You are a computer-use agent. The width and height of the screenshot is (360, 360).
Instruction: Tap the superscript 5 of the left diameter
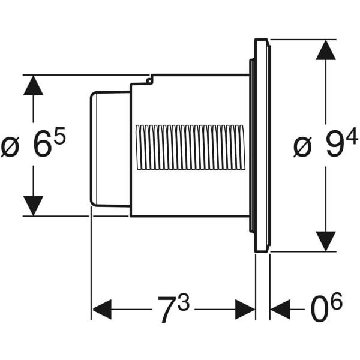[x=59, y=137]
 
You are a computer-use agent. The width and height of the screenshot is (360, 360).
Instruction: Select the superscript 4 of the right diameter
[x=352, y=137]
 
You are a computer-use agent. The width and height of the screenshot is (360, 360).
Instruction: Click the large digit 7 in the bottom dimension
[x=167, y=310]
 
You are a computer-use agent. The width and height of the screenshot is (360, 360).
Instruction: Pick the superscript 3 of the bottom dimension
[x=183, y=304]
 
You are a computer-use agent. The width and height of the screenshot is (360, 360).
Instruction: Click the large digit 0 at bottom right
[x=319, y=310]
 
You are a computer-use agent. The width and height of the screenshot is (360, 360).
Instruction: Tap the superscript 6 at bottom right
[x=336, y=303]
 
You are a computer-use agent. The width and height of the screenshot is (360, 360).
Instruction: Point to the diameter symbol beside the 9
[x=303, y=148]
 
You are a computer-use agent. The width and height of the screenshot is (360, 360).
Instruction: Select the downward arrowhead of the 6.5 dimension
[x=33, y=205]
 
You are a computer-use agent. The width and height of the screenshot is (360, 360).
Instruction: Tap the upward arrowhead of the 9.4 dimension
[x=325, y=50]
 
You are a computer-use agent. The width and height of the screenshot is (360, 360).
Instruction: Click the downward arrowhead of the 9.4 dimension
[x=325, y=241]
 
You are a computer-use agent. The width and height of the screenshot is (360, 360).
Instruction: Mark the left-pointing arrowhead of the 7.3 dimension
[x=102, y=310]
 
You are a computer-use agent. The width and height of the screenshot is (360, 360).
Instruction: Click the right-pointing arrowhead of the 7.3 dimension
[x=245, y=310]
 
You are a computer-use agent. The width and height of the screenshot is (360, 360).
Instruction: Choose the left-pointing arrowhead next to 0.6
[x=280, y=310]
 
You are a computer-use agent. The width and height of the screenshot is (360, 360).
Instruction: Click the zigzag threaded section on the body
[x=190, y=148]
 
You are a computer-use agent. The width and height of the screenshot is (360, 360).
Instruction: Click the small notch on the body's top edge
[x=149, y=79]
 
